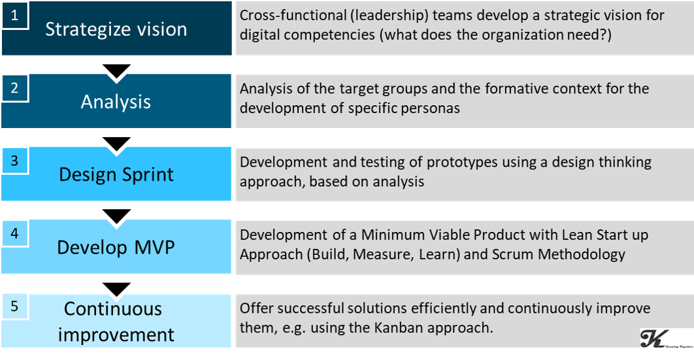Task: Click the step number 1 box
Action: pos(15,16)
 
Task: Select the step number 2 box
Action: pos(15,88)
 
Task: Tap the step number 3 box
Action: pos(15,161)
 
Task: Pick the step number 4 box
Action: pos(15,233)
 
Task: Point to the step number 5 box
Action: pos(15,306)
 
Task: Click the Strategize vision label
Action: pos(116,29)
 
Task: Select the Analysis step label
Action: pos(116,102)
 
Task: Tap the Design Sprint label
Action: pos(116,174)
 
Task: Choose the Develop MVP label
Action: pos(116,247)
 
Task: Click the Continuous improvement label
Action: pos(116,321)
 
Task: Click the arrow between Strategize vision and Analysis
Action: pos(116,72)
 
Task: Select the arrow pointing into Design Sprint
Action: pos(116,144)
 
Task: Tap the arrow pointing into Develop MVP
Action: pos(116,216)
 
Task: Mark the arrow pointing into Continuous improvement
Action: pos(116,289)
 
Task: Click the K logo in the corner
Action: pos(666,339)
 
